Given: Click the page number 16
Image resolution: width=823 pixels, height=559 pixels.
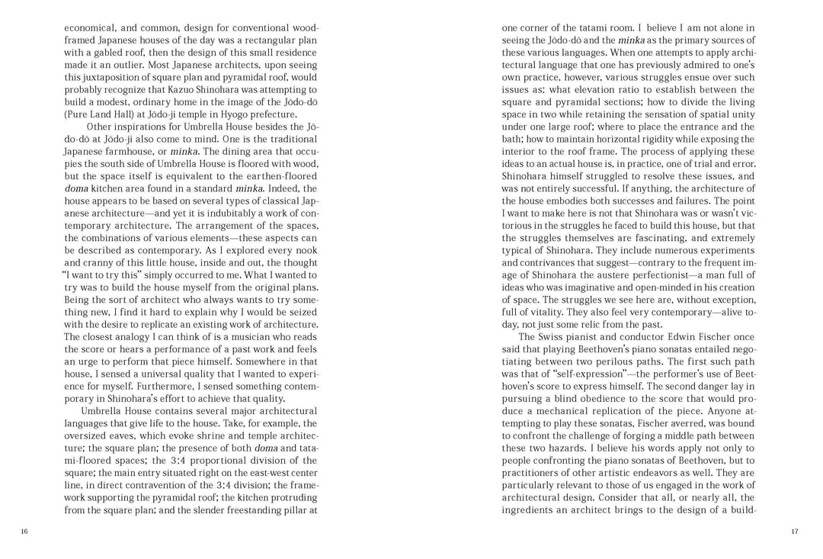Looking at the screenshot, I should (x=24, y=532).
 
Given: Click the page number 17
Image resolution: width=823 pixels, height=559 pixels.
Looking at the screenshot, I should (x=795, y=532).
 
